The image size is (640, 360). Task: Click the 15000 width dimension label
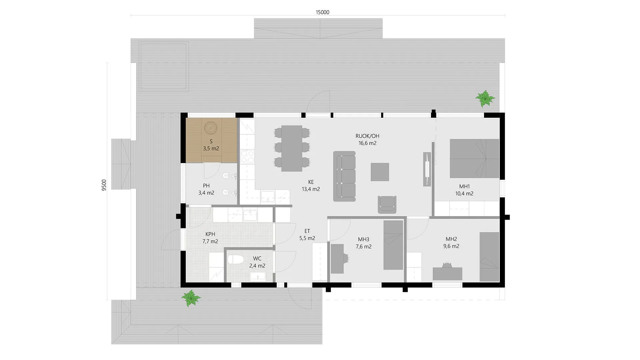[322, 12]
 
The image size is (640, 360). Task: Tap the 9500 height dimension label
[104, 185]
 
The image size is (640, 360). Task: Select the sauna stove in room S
[211, 128]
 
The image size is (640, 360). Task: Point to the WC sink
[258, 276]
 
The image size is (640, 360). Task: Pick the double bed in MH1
[474, 158]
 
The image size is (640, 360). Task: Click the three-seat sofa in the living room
[344, 176]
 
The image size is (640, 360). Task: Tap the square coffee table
[380, 172]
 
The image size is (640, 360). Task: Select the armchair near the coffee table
[387, 204]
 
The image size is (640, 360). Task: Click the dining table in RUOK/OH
[292, 148]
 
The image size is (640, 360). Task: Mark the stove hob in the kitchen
[247, 157]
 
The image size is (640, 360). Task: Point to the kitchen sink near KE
[268, 196]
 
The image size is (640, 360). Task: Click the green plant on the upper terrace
[485, 98]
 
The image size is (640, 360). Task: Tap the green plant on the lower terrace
[191, 298]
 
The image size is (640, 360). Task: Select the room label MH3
[363, 239]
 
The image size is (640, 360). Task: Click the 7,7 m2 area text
[210, 241]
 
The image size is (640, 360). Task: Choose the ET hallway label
[307, 231]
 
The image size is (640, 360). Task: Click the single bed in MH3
[393, 245]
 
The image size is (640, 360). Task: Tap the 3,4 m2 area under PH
[206, 193]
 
